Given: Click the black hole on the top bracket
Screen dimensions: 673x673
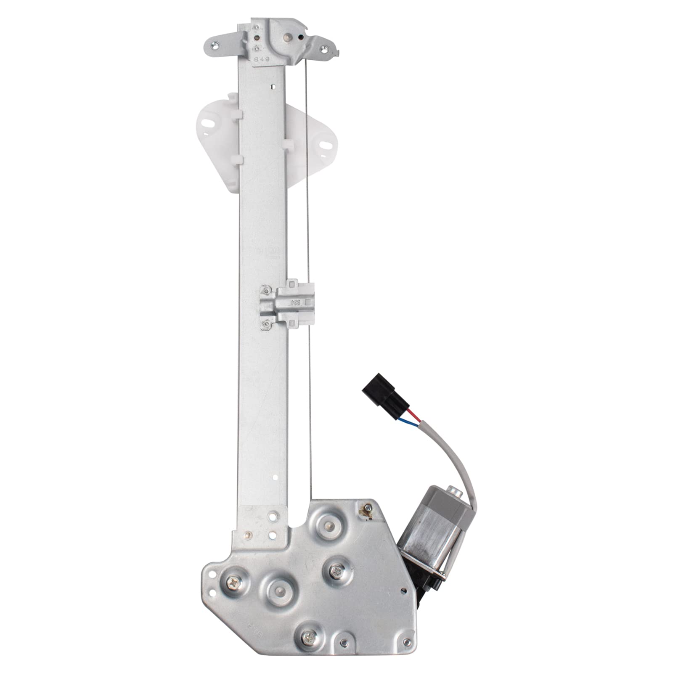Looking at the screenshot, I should point(300,37).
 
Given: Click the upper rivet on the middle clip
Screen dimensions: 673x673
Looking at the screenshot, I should point(266,289).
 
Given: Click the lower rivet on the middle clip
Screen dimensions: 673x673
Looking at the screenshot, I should point(266,323).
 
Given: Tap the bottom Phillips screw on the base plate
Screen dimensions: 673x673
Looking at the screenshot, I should point(310,625).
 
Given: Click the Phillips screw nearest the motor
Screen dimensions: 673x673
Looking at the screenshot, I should point(337,571).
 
